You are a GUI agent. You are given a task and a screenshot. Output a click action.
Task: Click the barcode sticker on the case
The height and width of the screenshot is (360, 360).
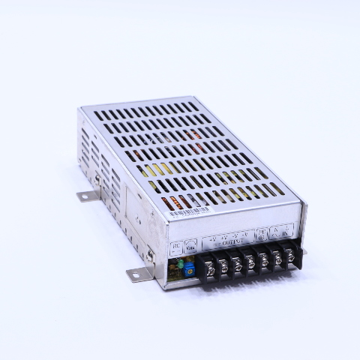(188, 212)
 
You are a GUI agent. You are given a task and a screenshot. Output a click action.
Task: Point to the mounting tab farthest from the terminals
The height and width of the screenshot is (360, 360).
(85, 196)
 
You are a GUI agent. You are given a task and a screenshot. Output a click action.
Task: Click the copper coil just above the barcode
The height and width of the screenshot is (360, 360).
(177, 201)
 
